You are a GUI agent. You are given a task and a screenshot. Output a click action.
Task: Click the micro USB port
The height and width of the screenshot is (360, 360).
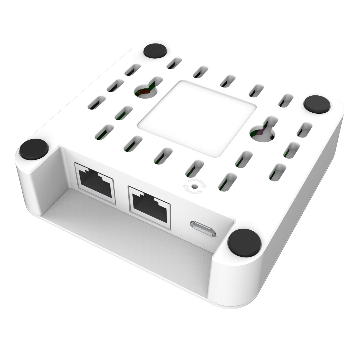tap(203, 228)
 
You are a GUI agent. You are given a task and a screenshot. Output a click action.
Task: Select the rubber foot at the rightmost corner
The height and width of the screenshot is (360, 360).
tap(317, 104)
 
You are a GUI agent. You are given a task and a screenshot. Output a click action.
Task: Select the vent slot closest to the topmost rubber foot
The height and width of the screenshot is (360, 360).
tap(174, 63)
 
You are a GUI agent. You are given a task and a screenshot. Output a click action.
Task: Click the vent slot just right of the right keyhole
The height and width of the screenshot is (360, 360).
tap(304, 129)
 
